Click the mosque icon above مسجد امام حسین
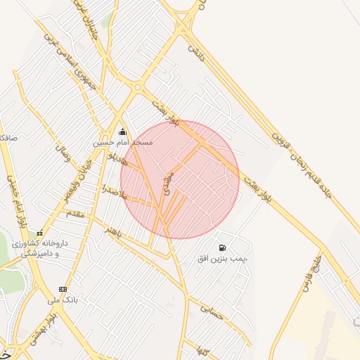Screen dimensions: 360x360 [x=122, y=131]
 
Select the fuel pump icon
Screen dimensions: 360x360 [x=223, y=248]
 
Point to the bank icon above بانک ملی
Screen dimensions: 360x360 [x=63, y=289]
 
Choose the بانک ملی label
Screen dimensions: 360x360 [x=61, y=300]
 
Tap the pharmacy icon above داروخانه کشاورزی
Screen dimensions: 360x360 [x=39, y=233]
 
